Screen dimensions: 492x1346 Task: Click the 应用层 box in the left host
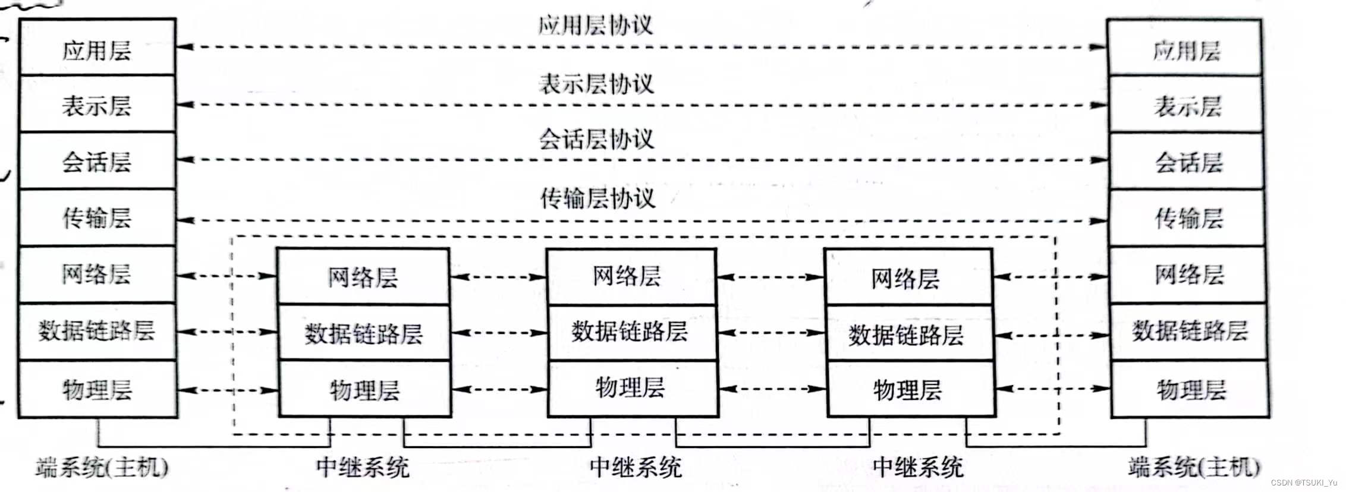coord(97,48)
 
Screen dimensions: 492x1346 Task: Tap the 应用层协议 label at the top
coord(595,25)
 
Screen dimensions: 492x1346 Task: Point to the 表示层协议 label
coord(596,83)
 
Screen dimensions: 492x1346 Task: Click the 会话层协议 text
coord(596,139)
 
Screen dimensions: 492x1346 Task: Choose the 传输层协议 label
coord(597,197)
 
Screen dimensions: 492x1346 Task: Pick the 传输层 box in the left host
coord(97,217)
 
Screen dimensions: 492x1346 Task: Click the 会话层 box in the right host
coord(1187,162)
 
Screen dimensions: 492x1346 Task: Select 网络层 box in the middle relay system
coord(630,277)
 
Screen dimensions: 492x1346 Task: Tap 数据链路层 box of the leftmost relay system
coord(364,333)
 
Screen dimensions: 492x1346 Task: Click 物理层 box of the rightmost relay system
coord(909,389)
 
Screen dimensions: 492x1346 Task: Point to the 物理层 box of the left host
coord(97,389)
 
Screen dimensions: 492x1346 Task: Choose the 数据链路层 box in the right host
coord(1189,331)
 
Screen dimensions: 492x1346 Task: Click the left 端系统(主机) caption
coord(101,467)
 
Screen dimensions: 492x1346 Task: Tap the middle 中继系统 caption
coord(635,467)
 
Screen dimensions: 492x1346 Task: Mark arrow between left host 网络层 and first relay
coord(227,276)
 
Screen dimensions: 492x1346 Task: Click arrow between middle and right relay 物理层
coord(772,389)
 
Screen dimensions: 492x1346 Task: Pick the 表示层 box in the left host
coord(97,105)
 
